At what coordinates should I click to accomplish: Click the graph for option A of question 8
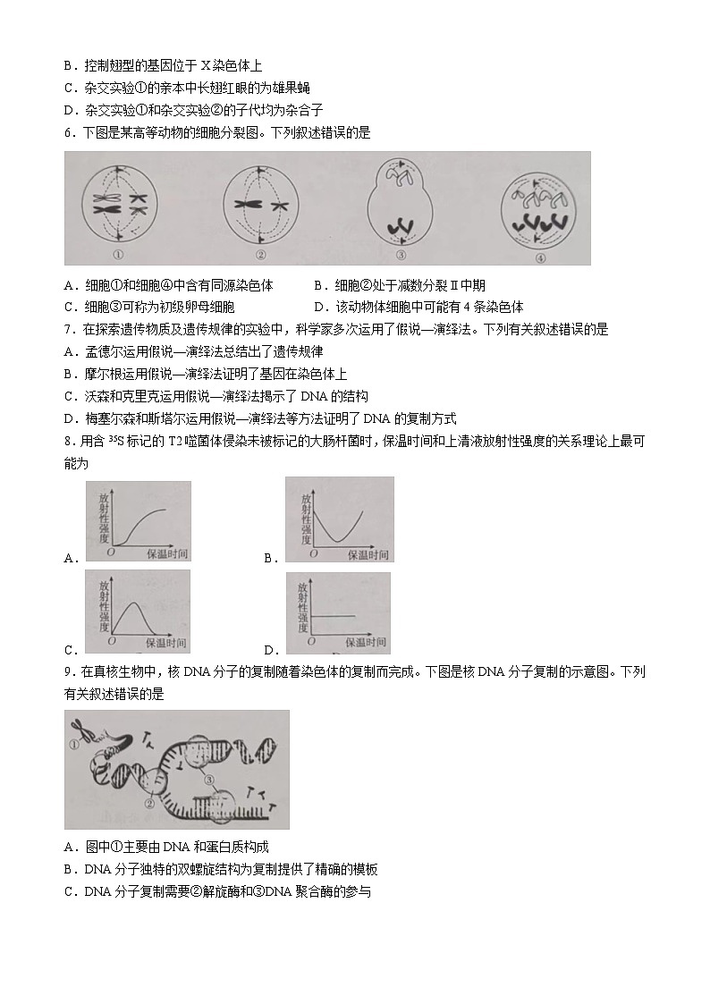[x=139, y=521]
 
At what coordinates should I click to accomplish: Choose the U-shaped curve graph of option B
[x=339, y=519]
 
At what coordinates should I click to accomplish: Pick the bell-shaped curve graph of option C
[x=138, y=612]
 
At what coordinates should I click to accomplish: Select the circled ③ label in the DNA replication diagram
[x=209, y=779]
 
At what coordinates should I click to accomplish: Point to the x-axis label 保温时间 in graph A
[x=167, y=554]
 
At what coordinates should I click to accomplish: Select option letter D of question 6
[x=319, y=307]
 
